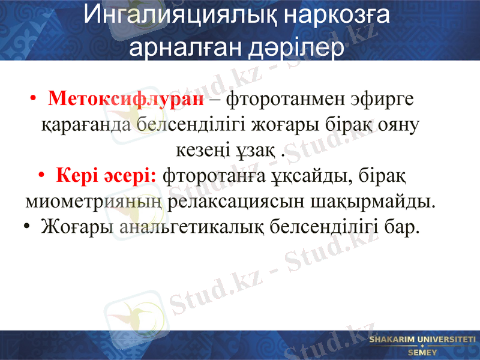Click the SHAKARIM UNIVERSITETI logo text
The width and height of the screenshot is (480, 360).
click(422, 340)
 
